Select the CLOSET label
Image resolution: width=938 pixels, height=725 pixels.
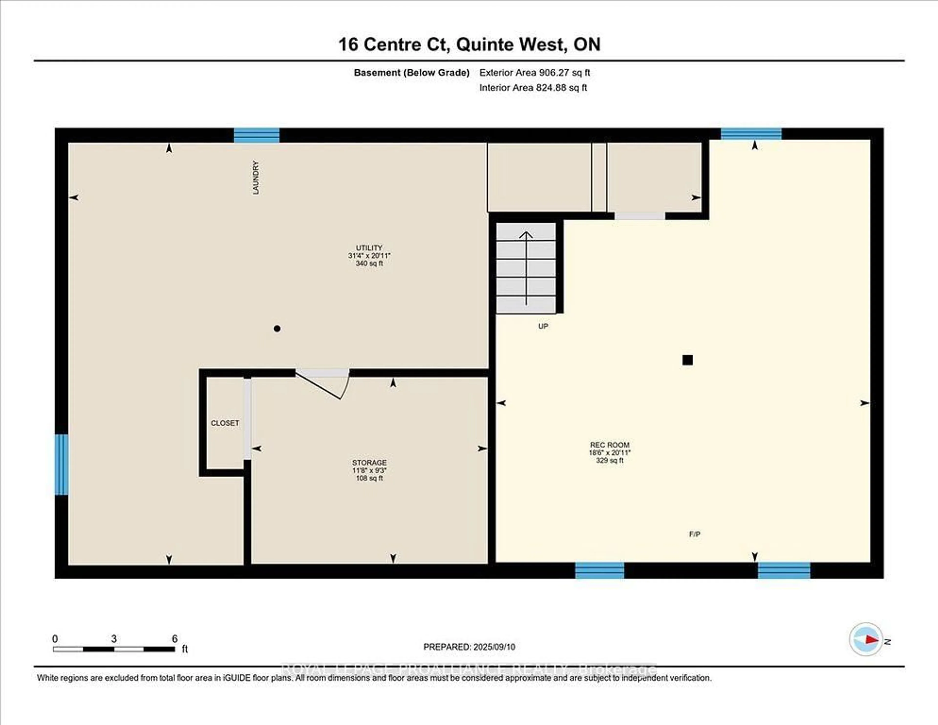(x=225, y=423)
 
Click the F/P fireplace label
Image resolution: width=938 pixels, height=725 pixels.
(x=694, y=534)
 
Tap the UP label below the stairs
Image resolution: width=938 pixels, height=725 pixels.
(x=543, y=326)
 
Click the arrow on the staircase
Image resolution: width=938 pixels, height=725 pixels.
(x=526, y=266)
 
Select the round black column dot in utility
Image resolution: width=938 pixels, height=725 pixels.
(x=277, y=329)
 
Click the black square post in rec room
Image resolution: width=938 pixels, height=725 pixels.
(x=687, y=360)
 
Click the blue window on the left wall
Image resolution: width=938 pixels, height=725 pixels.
(x=61, y=465)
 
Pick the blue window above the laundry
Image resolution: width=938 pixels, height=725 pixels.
(x=256, y=135)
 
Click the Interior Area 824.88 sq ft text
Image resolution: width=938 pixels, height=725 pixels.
(x=533, y=88)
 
